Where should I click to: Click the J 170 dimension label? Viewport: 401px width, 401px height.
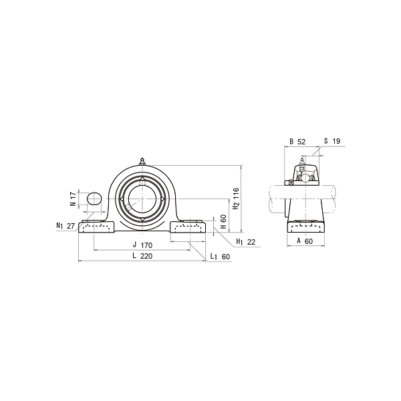[x=142, y=245]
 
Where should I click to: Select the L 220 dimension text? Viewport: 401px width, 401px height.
[x=142, y=256]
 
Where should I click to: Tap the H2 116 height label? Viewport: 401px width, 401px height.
[x=237, y=198]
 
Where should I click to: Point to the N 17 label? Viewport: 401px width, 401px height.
[x=73, y=199]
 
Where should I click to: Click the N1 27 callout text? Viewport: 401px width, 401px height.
[x=65, y=226]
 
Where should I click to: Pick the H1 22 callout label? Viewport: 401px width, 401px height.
[x=246, y=242]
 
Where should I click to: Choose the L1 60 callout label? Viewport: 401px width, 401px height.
[x=220, y=257]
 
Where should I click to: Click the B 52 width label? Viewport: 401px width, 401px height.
[x=297, y=142]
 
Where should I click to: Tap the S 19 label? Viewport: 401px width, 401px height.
[x=332, y=141]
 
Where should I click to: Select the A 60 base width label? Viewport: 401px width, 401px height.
[x=305, y=241]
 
